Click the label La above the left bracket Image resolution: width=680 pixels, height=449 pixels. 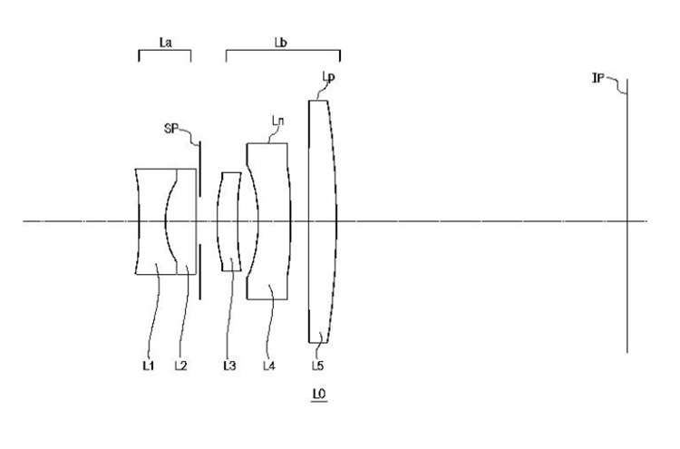click(x=165, y=42)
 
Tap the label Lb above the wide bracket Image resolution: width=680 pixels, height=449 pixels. click(x=280, y=42)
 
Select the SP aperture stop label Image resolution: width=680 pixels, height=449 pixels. click(x=170, y=129)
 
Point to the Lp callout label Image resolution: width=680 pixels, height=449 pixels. click(x=328, y=77)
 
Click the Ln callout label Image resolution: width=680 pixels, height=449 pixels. click(x=278, y=121)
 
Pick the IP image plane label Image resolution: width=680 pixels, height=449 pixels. click(x=598, y=78)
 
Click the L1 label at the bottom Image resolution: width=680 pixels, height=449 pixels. click(x=149, y=366)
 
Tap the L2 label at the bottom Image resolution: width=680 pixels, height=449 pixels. click(x=180, y=366)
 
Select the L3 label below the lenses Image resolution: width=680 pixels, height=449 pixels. click(x=229, y=366)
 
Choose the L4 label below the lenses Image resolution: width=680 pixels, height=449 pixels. click(x=269, y=366)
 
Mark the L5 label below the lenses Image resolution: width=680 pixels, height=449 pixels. click(x=317, y=366)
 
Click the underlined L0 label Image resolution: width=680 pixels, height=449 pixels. click(x=319, y=394)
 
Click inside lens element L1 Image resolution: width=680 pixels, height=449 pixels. click(x=151, y=221)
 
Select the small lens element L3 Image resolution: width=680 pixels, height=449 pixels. click(x=229, y=221)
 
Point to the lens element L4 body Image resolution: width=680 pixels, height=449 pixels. click(x=273, y=221)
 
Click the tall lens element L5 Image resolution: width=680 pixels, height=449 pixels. click(x=322, y=221)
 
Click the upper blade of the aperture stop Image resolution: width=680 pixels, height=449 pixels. click(x=200, y=170)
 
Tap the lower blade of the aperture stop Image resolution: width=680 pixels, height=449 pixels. click(x=200, y=272)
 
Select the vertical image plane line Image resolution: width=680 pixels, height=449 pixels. click(x=627, y=216)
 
